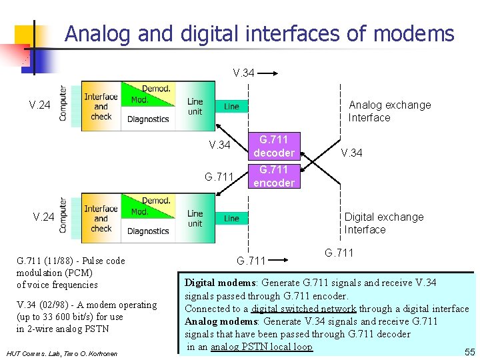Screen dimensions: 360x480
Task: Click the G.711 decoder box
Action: [x=273, y=146]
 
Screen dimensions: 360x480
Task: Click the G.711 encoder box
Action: [x=273, y=176]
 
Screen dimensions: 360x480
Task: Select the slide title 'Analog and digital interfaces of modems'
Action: [x=259, y=33]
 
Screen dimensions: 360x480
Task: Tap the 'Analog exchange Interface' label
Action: [x=389, y=111]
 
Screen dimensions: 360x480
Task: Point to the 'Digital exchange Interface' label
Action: [x=383, y=223]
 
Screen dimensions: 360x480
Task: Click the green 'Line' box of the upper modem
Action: [x=231, y=106]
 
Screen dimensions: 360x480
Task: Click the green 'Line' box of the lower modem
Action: [x=231, y=218]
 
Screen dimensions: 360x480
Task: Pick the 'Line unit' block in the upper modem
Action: [x=195, y=107]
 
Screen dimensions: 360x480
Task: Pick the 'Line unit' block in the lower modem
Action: [x=195, y=219]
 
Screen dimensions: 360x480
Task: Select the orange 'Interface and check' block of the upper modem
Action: [x=101, y=107]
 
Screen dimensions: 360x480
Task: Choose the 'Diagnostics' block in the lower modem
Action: [x=148, y=231]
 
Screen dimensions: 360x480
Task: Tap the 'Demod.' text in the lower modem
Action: [x=156, y=200]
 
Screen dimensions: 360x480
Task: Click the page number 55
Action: [x=469, y=351]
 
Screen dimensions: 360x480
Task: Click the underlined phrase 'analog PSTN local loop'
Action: [x=261, y=347]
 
